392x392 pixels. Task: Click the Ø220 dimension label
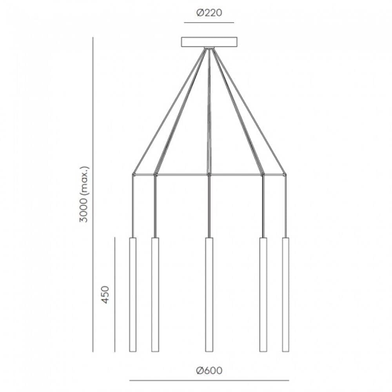(x=209, y=13)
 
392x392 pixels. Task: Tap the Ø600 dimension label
(x=209, y=370)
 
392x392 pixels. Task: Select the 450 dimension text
(x=106, y=295)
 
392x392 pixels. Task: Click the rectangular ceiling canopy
(x=209, y=42)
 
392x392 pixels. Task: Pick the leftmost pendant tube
(x=133, y=295)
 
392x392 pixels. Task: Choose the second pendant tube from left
(x=155, y=295)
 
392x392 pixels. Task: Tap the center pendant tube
(x=209, y=295)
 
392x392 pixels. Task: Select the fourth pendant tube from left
(x=263, y=295)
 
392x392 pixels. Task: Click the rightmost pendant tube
(x=285, y=295)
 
